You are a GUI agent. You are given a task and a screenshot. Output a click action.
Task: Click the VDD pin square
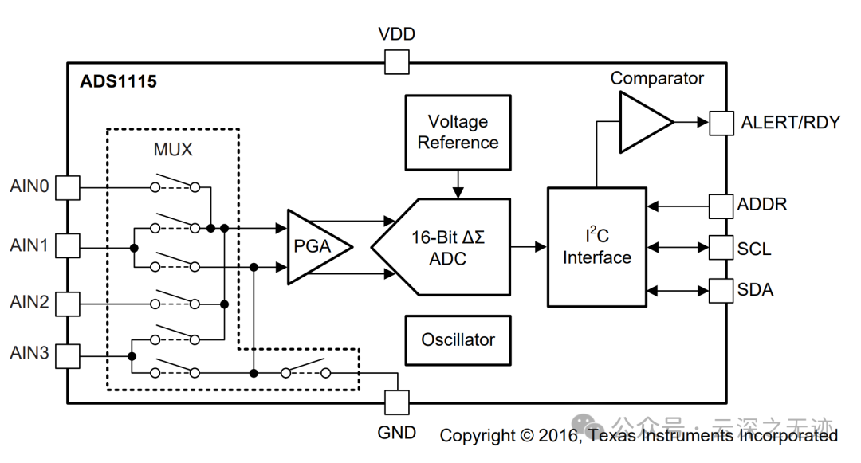point(396,61)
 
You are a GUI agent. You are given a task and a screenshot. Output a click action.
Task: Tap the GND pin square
point(396,402)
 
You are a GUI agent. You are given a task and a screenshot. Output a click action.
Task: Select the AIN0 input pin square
point(68,187)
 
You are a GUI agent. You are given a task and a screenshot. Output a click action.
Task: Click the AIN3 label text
point(29,353)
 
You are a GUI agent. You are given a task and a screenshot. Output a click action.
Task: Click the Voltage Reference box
point(458,132)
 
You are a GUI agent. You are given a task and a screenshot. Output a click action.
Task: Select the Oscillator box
point(458,339)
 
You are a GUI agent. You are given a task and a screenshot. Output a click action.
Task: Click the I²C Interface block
point(596,247)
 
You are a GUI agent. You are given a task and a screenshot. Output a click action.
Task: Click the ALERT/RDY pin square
point(721,123)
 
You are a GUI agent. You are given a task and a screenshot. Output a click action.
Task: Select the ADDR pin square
point(721,206)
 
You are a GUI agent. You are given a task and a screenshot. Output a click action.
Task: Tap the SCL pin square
point(721,248)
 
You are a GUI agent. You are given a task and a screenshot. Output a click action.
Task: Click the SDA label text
point(755,290)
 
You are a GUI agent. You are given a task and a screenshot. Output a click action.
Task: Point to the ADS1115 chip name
point(118,81)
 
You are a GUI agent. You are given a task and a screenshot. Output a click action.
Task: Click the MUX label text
point(172,150)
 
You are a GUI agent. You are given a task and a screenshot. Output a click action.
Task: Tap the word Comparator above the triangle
point(657,78)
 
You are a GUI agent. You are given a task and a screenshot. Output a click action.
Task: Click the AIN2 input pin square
point(68,303)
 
